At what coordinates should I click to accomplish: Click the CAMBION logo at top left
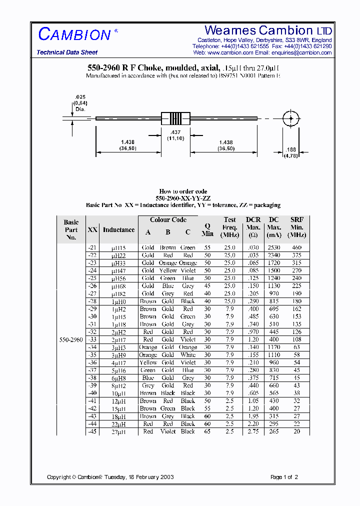tap(74, 34)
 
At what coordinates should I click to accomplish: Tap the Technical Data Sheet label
tap(67, 52)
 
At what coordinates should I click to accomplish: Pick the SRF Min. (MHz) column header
tap(296, 227)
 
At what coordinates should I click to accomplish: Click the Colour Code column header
tap(168, 219)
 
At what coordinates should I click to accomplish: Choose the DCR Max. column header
tap(253, 227)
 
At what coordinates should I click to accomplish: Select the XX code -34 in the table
tap(92, 347)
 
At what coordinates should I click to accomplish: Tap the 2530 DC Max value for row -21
tap(273, 247)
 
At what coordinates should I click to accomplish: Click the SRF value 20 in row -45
tap(297, 431)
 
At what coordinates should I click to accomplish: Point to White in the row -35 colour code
tap(187, 354)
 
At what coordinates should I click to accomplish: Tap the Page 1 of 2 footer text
tap(284, 477)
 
